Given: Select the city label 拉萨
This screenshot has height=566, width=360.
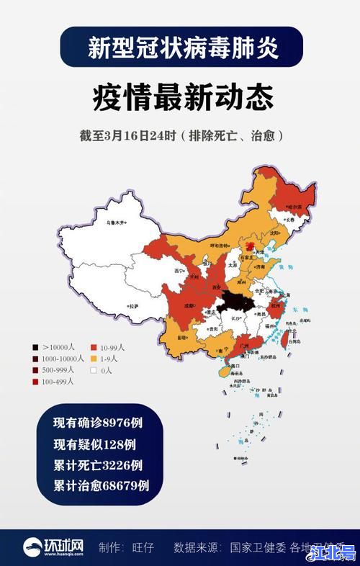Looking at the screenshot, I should [133, 306].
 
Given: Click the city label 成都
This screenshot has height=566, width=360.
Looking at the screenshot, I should [188, 305].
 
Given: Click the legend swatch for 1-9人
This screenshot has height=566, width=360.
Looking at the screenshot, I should [94, 359].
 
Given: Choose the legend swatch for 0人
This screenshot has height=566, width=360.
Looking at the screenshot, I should [94, 370].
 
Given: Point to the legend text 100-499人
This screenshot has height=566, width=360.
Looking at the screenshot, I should [58, 382].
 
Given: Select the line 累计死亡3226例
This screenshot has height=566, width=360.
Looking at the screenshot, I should [98, 464].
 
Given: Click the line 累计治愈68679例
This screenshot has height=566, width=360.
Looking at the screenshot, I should [101, 485].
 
